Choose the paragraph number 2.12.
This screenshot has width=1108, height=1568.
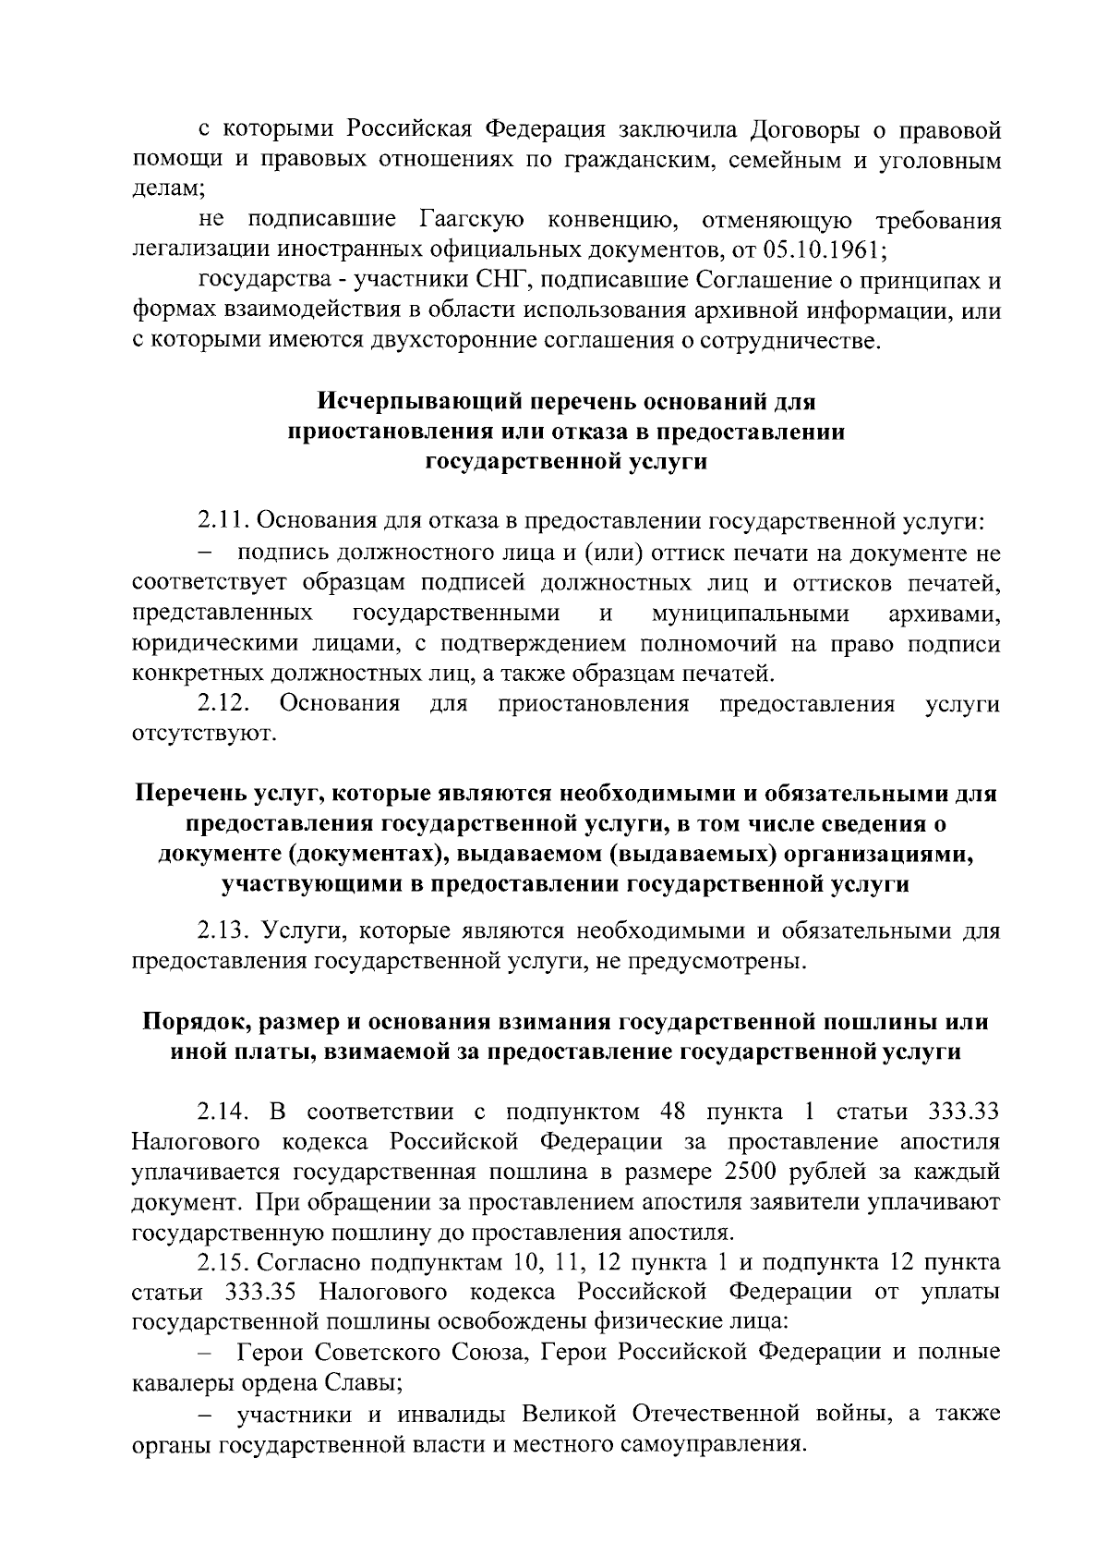[225, 704]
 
